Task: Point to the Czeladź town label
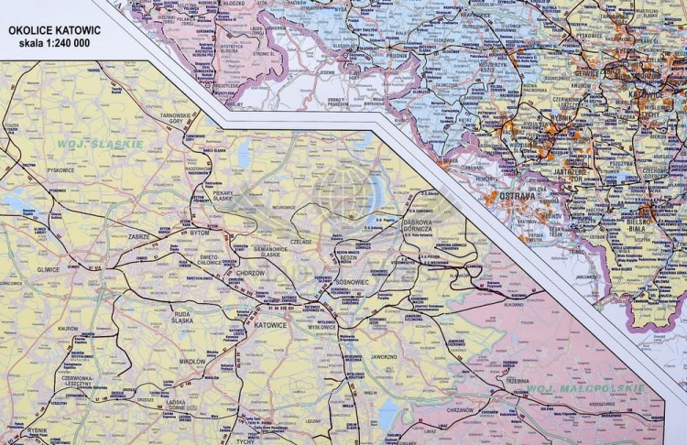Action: (301, 242)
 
